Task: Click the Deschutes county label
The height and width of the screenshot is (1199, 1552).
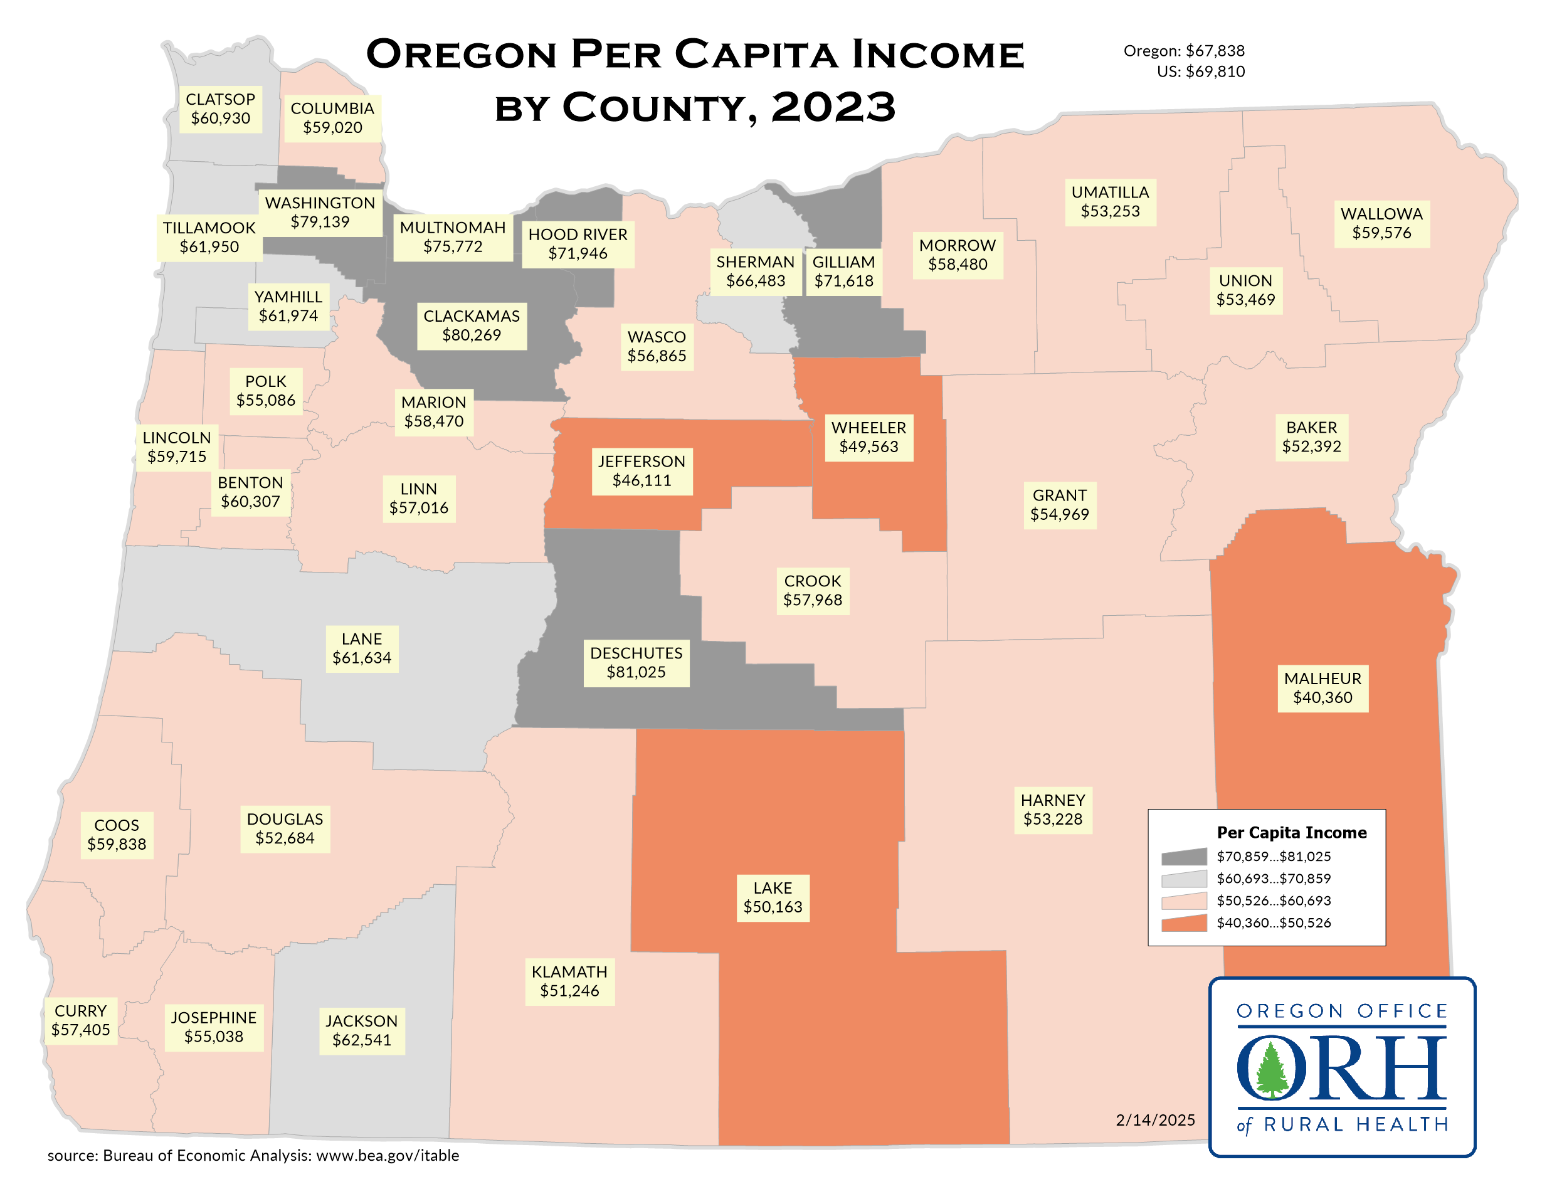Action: click(636, 662)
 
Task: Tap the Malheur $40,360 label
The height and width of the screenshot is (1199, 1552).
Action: click(1322, 688)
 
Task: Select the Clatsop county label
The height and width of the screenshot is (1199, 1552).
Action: click(220, 108)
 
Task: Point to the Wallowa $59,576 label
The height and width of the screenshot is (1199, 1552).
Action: click(1381, 223)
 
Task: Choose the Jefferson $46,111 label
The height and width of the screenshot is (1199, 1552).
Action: click(641, 470)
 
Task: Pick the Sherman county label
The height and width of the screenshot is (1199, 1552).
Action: click(755, 272)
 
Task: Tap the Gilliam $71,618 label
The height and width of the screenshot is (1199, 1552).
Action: click(843, 272)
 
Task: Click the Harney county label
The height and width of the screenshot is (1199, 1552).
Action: click(1052, 810)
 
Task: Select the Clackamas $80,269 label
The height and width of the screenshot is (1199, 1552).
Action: click(471, 325)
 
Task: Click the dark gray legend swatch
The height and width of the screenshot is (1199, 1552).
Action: click(1184, 857)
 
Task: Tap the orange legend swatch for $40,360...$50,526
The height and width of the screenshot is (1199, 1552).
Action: click(1184, 923)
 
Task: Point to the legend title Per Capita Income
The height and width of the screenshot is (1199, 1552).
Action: click(1291, 833)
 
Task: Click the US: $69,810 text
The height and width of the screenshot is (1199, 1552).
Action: click(1200, 71)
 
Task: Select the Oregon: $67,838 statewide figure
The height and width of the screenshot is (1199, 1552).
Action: click(1184, 51)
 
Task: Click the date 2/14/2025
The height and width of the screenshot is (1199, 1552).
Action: click(1155, 1120)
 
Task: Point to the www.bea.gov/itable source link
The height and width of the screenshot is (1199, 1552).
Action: click(388, 1156)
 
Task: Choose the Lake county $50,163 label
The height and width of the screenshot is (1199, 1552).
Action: click(773, 897)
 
